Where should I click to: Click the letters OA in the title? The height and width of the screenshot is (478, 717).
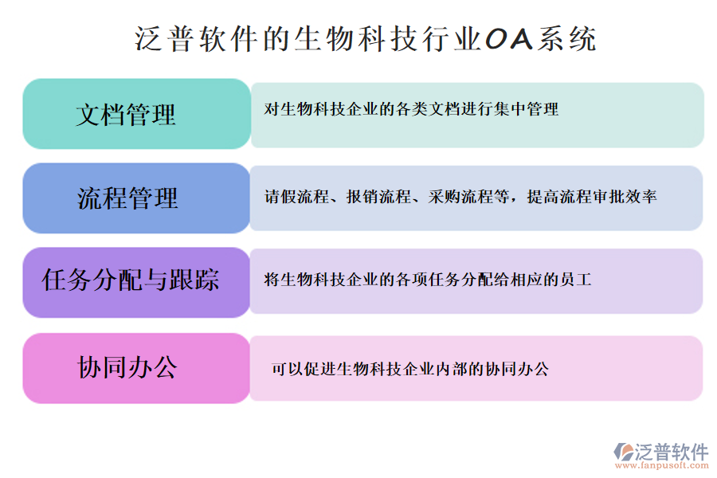pyautogui.click(x=509, y=39)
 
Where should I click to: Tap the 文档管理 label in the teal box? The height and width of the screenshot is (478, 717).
pyautogui.click(x=126, y=115)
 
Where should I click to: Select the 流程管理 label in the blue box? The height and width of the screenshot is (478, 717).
pyautogui.click(x=127, y=198)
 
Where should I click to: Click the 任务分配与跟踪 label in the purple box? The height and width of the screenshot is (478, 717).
pyautogui.click(x=131, y=280)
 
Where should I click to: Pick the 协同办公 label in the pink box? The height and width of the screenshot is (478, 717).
pyautogui.click(x=127, y=367)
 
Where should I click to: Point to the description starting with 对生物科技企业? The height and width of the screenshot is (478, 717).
pyautogui.click(x=411, y=109)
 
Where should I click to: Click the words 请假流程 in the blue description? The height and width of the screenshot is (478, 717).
pyautogui.click(x=297, y=197)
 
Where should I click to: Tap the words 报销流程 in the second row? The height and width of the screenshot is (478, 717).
pyautogui.click(x=378, y=197)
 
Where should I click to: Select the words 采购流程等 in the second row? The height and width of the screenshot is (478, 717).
pyautogui.click(x=468, y=197)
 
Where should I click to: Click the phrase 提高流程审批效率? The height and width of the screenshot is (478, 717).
pyautogui.click(x=592, y=197)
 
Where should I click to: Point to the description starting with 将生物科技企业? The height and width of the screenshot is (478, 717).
pyautogui.click(x=428, y=280)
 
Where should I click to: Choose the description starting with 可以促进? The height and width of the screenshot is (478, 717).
pyautogui.click(x=410, y=369)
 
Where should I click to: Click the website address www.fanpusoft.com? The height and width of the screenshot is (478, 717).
pyautogui.click(x=661, y=465)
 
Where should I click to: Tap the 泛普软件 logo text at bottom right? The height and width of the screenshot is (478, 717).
pyautogui.click(x=672, y=452)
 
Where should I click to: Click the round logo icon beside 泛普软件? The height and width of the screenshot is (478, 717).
pyautogui.click(x=623, y=452)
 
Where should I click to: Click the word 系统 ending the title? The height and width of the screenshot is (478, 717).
pyautogui.click(x=567, y=39)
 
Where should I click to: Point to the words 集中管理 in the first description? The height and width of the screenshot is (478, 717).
pyautogui.click(x=526, y=109)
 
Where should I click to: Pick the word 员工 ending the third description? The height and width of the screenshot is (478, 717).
pyautogui.click(x=576, y=280)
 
